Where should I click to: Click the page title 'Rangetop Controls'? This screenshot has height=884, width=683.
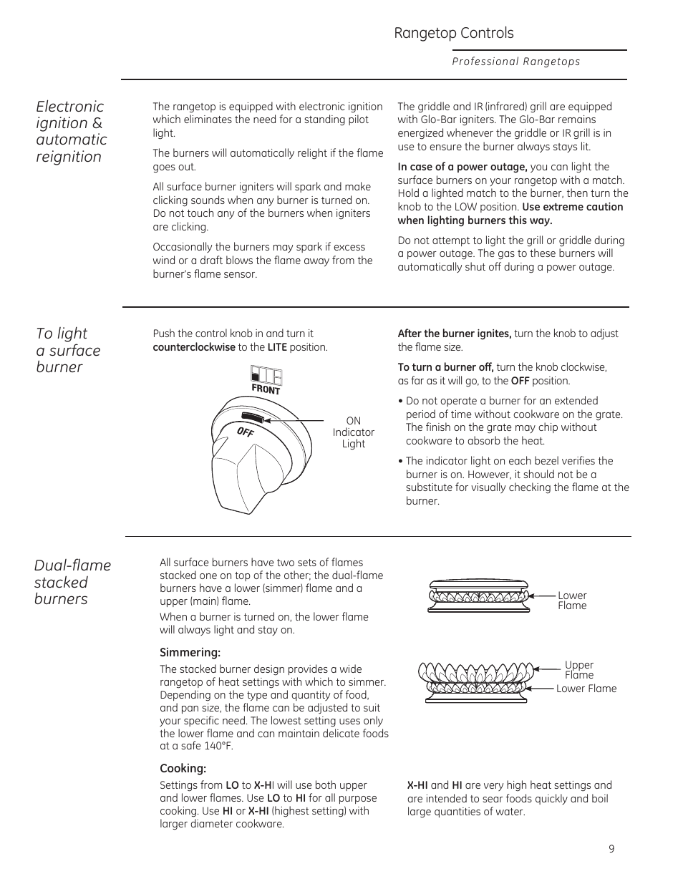pyautogui.click(x=453, y=33)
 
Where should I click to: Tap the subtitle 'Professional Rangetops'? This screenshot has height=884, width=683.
pyautogui.click(x=515, y=62)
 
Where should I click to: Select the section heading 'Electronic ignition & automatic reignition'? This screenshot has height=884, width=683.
pyautogui.click(x=71, y=131)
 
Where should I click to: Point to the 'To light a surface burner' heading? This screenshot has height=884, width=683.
pyautogui.click(x=68, y=350)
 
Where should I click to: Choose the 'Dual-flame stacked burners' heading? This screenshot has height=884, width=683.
pyautogui.click(x=72, y=582)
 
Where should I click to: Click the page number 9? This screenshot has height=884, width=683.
pyautogui.click(x=611, y=849)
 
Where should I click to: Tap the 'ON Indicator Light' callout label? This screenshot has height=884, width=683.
pyautogui.click(x=353, y=432)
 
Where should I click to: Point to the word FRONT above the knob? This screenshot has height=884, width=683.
pyautogui.click(x=266, y=389)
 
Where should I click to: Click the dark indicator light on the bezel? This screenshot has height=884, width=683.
pyautogui.click(x=253, y=418)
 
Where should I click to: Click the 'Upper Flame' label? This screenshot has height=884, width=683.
pyautogui.click(x=578, y=670)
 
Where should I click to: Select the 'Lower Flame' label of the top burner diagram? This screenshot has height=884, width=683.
pyautogui.click(x=572, y=601)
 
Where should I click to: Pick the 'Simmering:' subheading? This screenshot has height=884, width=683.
pyautogui.click(x=190, y=653)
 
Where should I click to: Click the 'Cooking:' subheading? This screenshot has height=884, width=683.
pyautogui.click(x=183, y=769)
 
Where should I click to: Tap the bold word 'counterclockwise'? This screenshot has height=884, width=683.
pyautogui.click(x=194, y=347)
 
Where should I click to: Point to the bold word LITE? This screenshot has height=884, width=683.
pyautogui.click(x=277, y=347)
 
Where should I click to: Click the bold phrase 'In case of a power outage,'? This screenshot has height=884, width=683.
pyautogui.click(x=462, y=167)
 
